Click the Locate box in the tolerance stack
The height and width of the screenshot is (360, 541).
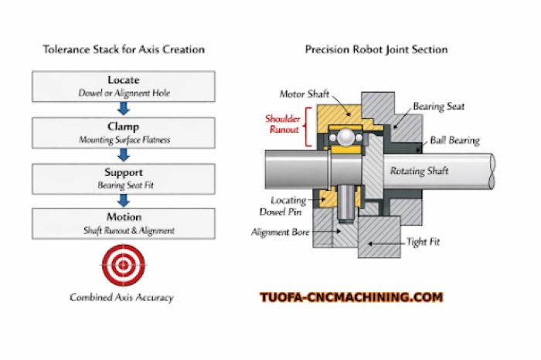point(124,87)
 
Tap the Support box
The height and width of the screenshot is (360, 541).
point(124,178)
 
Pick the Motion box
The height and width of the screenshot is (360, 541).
point(124,222)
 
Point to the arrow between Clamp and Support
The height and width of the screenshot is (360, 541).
point(124,155)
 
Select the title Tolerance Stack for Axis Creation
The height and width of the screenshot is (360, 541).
point(124,49)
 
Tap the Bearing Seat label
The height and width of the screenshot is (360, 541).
point(437,107)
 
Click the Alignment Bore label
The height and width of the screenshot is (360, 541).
point(283,232)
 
